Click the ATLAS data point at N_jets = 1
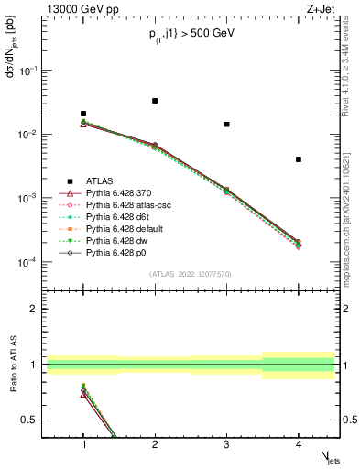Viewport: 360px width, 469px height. coord(83,114)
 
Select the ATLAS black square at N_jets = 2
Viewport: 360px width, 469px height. coord(155,101)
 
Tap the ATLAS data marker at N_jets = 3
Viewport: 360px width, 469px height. coord(226,124)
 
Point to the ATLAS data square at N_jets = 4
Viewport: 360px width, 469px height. coord(299,159)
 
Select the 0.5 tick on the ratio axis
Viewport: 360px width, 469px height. coord(33,420)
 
